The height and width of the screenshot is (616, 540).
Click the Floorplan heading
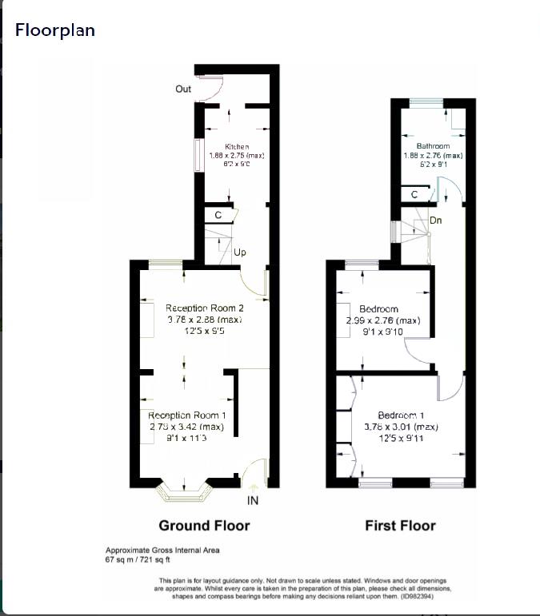pos(55,30)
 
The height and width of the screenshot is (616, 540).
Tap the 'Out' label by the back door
pos(183,89)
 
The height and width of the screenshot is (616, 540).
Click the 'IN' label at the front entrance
pos(252,500)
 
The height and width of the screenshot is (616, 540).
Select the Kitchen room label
pos(237,147)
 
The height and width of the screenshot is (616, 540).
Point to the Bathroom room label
pos(433,147)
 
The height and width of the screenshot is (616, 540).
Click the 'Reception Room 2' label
pos(204,308)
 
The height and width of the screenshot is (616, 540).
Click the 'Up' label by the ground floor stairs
pos(239,252)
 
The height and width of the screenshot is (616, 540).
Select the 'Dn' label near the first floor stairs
pos(436,220)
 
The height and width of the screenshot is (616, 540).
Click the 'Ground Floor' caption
pos(204,526)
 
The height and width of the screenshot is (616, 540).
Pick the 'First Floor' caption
pos(400,526)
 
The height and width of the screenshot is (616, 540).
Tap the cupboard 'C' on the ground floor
pos(218,216)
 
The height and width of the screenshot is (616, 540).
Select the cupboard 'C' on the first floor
pos(414,194)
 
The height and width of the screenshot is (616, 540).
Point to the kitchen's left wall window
pos(198,155)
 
